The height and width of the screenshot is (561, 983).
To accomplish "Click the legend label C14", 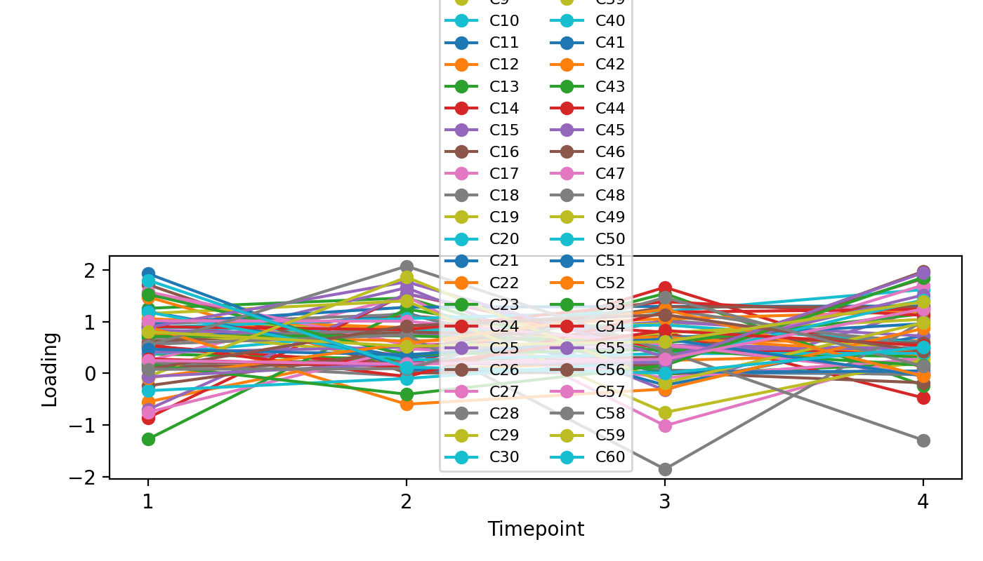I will click(504, 108).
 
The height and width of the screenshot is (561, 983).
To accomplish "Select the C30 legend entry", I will click(504, 457).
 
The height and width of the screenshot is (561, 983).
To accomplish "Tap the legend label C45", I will click(610, 130).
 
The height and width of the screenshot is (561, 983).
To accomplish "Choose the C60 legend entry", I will click(610, 457).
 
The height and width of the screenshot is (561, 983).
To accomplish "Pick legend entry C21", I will click(504, 261).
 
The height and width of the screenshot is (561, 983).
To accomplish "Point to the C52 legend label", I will click(610, 283).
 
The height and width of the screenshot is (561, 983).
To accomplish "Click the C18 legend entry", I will click(504, 195).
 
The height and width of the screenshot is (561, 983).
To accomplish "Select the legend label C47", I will click(610, 173).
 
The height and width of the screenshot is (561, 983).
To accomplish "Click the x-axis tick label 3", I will click(664, 503).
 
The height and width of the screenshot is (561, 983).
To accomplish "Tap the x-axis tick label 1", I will click(147, 503).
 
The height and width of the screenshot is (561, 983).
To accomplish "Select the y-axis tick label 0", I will click(96, 374).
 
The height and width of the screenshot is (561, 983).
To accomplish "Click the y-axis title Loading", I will click(49, 369).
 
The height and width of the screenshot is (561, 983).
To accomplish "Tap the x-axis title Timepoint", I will click(536, 529).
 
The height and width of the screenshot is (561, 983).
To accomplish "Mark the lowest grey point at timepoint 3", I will click(664, 469).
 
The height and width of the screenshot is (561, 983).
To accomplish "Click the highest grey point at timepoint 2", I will click(406, 266).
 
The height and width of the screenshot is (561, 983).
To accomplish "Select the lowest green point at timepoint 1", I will click(147, 439).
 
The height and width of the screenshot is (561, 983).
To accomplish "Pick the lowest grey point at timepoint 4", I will click(923, 440).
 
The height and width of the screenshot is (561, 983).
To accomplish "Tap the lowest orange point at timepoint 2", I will click(406, 404).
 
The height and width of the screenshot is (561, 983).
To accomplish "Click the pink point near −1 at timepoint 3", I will click(664, 426).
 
